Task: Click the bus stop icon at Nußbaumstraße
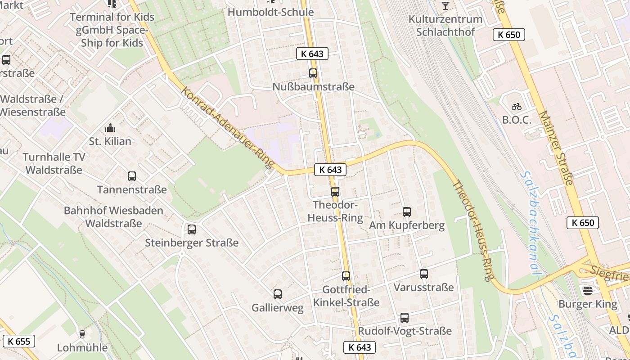tap(313, 73)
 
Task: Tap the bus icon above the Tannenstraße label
tap(132, 176)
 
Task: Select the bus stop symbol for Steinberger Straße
tap(192, 229)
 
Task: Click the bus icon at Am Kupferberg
tap(407, 211)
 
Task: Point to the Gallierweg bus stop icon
tap(278, 294)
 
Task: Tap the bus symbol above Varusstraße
tap(424, 274)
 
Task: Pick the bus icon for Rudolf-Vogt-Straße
tap(405, 318)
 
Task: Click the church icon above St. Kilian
tap(110, 128)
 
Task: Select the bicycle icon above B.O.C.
tap(517, 107)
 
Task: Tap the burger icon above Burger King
tap(588, 290)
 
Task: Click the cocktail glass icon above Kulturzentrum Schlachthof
tap(445, 6)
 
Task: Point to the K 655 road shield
tap(19, 341)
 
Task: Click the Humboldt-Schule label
tap(271, 12)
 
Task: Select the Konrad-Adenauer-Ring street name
tap(228, 128)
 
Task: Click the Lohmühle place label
tap(82, 348)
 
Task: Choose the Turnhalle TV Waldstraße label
tap(54, 163)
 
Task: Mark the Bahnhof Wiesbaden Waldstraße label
tap(113, 217)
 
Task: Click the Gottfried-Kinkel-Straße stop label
tap(346, 296)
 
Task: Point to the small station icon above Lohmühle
tap(82, 334)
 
